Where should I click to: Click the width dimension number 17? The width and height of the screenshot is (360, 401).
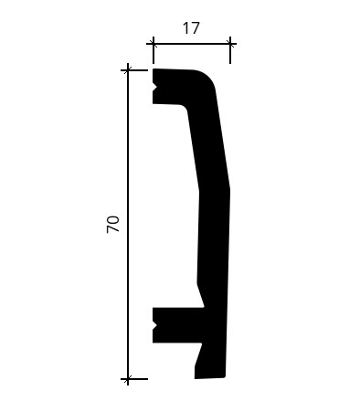pos(191,28)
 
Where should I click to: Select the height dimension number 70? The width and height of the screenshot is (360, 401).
pos(112,225)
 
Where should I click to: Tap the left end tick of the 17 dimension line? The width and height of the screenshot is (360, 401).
pos(154,44)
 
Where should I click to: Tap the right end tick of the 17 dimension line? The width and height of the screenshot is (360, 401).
pos(230,44)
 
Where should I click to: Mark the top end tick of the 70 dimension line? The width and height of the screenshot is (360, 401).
pos(128,70)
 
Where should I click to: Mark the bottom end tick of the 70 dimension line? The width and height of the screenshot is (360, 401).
pos(128,379)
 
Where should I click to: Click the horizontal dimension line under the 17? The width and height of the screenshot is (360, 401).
pos(192,44)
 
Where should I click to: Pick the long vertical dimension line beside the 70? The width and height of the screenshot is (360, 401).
pos(128,225)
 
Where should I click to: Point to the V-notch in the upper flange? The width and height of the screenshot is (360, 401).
pos(154,88)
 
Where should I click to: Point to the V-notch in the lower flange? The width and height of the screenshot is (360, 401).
pos(154,326)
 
